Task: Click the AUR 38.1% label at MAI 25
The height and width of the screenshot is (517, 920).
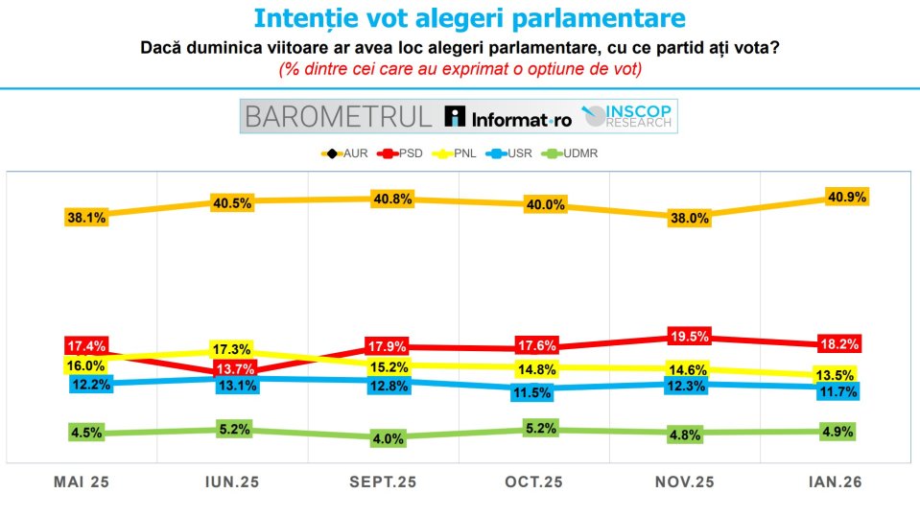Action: tap(86, 218)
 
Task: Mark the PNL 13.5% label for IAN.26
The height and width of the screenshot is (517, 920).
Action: tap(837, 374)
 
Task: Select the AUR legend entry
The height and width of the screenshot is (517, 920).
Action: tap(347, 153)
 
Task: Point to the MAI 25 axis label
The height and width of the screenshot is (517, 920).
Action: tap(82, 483)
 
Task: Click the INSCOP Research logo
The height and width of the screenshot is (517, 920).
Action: tap(630, 116)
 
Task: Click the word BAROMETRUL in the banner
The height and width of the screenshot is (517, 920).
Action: tap(339, 117)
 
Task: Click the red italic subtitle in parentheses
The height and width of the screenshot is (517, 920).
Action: tap(460, 69)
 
